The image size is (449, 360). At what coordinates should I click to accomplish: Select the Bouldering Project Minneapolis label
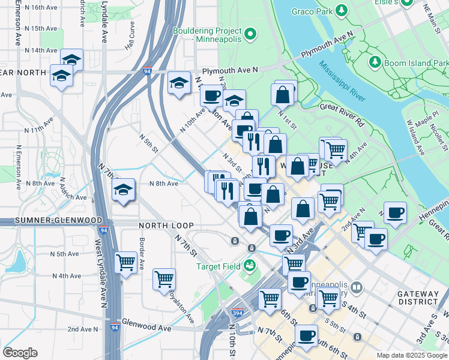(x=207, y=34)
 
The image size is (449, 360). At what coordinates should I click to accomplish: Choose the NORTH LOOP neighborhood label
(x=166, y=226)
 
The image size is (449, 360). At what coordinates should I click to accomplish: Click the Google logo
(x=20, y=353)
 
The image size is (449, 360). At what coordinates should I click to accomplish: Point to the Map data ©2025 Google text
(x=411, y=355)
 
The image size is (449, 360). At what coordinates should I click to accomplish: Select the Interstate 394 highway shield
(x=238, y=314)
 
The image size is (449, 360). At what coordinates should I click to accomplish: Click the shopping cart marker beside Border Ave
(x=125, y=262)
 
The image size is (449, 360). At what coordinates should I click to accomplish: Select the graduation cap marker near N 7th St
(x=123, y=190)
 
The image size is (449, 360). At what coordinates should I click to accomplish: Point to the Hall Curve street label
(x=130, y=36)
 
